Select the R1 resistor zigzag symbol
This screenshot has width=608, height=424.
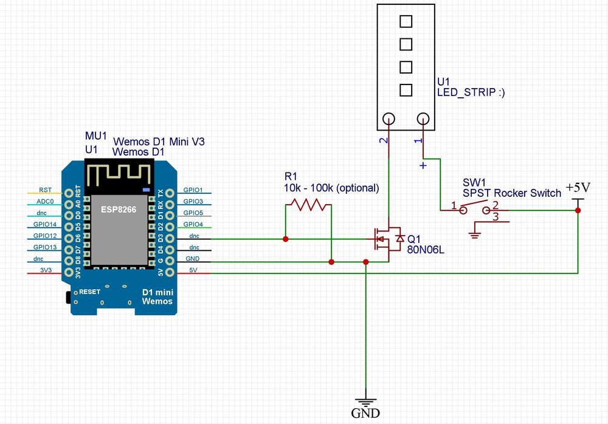308,205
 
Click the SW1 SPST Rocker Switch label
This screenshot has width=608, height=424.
512,188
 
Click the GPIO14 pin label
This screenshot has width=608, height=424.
47,224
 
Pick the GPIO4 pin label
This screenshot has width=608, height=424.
192,224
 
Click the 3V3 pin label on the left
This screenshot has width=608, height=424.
46,270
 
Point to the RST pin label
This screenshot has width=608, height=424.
45,190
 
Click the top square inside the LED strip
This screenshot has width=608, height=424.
406,21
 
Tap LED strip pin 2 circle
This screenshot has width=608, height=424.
389,119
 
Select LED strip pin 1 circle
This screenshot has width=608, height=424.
423,119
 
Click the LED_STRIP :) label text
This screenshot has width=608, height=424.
471,92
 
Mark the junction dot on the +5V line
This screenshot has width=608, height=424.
577,210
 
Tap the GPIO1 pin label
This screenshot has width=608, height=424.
192,190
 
